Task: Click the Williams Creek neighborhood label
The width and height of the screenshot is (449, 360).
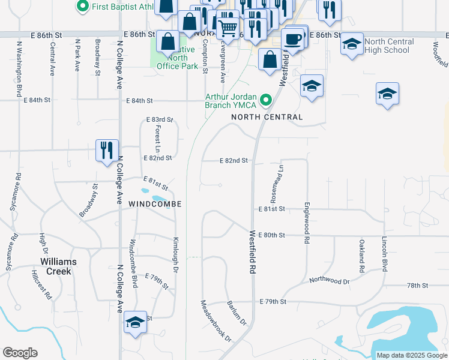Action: coord(58,266)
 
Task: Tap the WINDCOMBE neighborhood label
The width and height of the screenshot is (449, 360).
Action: coord(155,205)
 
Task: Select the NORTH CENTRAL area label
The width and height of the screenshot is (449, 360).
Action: coord(263,116)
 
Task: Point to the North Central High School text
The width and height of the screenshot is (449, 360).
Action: coord(388,46)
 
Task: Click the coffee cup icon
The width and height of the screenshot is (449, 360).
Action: coord(292,39)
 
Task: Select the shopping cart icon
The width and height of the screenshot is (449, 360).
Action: coord(228,27)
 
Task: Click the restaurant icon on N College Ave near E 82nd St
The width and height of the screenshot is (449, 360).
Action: coord(107,149)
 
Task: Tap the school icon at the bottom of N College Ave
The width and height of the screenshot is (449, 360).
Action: coord(136,323)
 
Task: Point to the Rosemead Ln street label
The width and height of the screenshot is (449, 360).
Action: coord(276,184)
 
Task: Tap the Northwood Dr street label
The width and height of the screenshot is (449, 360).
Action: coord(330,280)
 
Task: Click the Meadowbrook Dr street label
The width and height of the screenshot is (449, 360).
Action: coord(216,321)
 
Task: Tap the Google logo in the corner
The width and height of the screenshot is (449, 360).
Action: coord(20,353)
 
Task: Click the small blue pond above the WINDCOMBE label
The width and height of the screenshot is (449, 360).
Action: coord(160,198)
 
